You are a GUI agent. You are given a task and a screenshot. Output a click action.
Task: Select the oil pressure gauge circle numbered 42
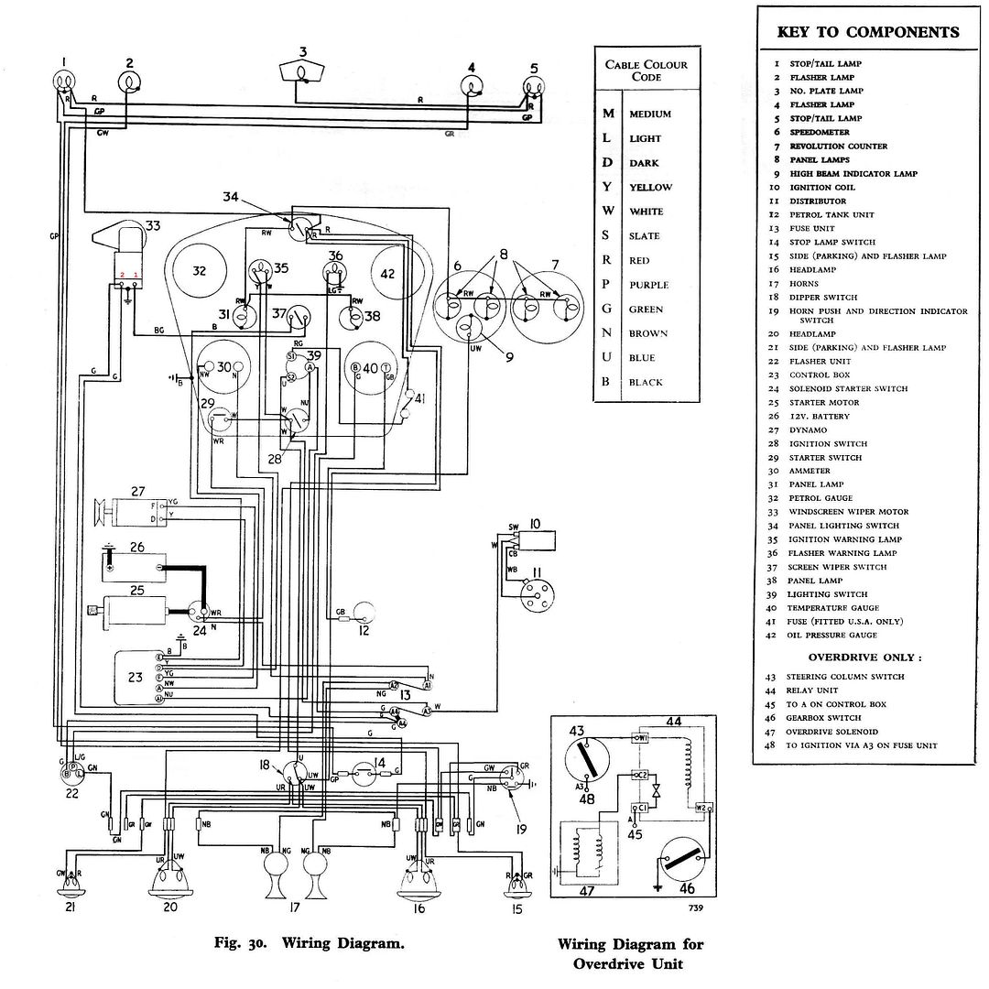[x=389, y=273]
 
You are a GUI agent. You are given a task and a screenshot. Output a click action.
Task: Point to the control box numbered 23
[x=137, y=678]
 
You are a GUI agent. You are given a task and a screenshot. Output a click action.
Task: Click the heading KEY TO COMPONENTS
[x=868, y=32]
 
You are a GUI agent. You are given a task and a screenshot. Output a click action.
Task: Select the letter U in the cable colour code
[x=605, y=357]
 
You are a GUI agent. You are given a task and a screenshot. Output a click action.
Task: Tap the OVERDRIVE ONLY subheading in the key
[x=864, y=657]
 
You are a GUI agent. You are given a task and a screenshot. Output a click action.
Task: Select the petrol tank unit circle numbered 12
[x=366, y=611]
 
